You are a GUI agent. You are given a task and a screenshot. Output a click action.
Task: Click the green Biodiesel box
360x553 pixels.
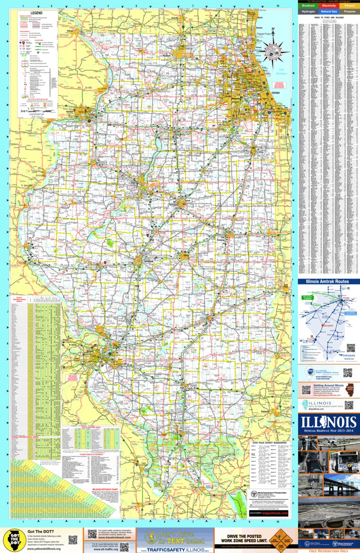click(308, 5)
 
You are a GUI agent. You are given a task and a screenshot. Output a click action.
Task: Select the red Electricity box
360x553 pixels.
click(329, 5)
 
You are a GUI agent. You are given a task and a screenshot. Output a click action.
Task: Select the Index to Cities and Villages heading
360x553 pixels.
click(329, 18)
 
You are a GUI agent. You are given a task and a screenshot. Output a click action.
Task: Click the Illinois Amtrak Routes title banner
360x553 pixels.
click(329, 281)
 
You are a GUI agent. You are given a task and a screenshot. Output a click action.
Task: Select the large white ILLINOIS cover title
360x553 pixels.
click(329, 421)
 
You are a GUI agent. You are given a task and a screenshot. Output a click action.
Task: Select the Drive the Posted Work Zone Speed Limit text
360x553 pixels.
click(241, 537)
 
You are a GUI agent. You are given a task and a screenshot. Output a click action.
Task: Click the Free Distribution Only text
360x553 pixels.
click(329, 551)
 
